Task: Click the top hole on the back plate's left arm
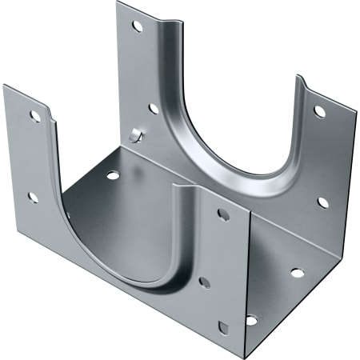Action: (x=137, y=26)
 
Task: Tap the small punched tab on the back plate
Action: (x=135, y=135)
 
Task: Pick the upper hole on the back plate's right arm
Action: (x=319, y=111)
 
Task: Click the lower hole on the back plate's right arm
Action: (x=322, y=202)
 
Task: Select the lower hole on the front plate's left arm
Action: (x=33, y=196)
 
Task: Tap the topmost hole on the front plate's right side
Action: (x=224, y=214)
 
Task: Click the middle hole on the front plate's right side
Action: (x=205, y=282)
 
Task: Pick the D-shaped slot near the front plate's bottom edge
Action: (x=223, y=326)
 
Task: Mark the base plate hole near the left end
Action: (x=112, y=174)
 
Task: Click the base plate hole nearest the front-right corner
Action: (x=251, y=320)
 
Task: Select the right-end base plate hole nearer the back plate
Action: (x=297, y=273)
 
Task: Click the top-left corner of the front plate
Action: (x=4, y=85)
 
